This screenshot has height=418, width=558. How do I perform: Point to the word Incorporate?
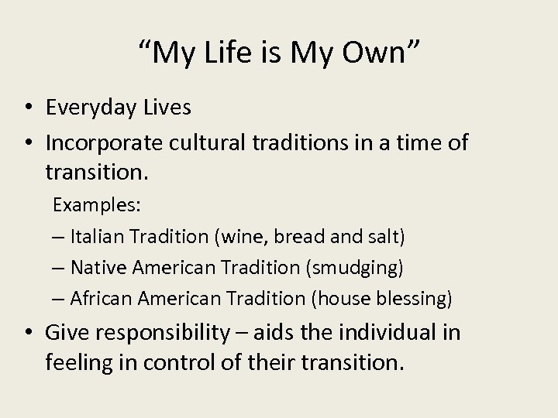point(104,143)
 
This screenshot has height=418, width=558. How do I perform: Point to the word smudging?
point(355,268)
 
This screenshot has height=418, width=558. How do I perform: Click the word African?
point(99,297)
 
